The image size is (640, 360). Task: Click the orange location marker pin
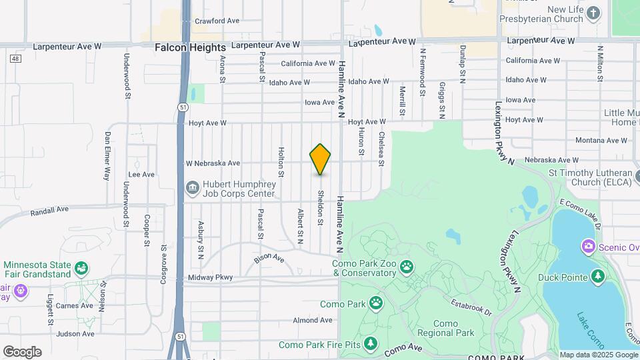(320, 159)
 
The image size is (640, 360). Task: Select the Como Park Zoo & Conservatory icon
(406, 267)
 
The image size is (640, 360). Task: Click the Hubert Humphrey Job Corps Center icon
(193, 188)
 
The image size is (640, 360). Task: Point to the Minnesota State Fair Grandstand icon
(81, 269)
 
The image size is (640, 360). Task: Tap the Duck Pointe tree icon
(598, 277)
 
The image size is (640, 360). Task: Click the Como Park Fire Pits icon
(371, 344)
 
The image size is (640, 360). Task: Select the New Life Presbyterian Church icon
(594, 13)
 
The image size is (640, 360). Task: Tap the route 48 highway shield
(15, 59)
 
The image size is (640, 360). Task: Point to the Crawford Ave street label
(217, 21)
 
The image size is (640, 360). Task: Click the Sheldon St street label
(321, 207)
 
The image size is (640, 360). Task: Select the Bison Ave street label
(269, 258)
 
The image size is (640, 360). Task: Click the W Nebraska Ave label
(213, 163)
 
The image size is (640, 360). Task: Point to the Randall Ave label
(49, 210)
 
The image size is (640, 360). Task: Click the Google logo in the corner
(22, 351)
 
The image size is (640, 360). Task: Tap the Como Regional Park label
(445, 328)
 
